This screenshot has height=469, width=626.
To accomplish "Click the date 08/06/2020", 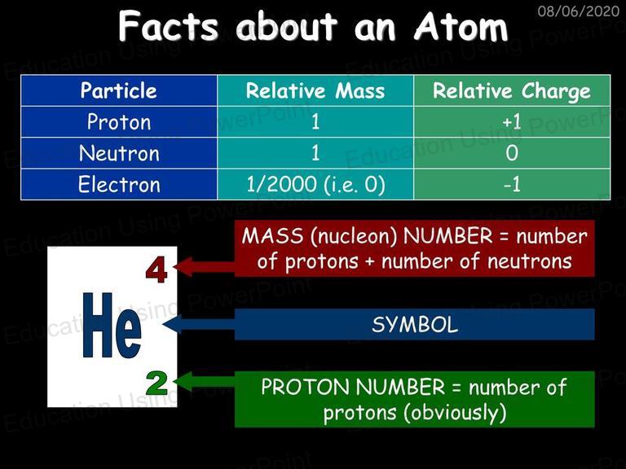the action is pos(578,11).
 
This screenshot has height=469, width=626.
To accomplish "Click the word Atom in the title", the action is pos(461,27).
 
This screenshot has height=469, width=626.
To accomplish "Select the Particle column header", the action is pos(118,90).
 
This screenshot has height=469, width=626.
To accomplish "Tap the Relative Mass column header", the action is pos(315,90).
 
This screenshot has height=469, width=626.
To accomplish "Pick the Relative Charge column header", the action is pos(512,90).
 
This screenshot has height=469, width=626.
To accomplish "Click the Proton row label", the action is pos(119,121).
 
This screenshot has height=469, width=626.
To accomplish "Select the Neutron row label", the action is pos(119,153).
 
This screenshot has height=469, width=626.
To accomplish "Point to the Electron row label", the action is pos(119,184).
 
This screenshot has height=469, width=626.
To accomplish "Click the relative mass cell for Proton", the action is pos(315,121).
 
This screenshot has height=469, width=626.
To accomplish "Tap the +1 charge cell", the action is pos(512,121).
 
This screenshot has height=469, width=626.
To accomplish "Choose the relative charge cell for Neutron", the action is pos(512,153).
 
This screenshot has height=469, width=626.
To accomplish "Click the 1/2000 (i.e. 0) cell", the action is pos(315,184).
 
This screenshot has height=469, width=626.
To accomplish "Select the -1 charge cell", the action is pos(512,184).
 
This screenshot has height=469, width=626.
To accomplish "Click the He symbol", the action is pos(112,326).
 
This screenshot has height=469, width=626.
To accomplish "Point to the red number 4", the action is pos(156,271).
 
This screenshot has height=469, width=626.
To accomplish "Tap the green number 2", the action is pos(156,383).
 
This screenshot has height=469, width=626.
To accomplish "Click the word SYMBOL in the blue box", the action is pos(414,325).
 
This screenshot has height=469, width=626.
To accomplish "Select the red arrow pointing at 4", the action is pos(205,267).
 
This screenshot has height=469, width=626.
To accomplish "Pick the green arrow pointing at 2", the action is pos(205,382).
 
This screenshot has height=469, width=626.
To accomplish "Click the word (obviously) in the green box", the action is pos(455,413).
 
